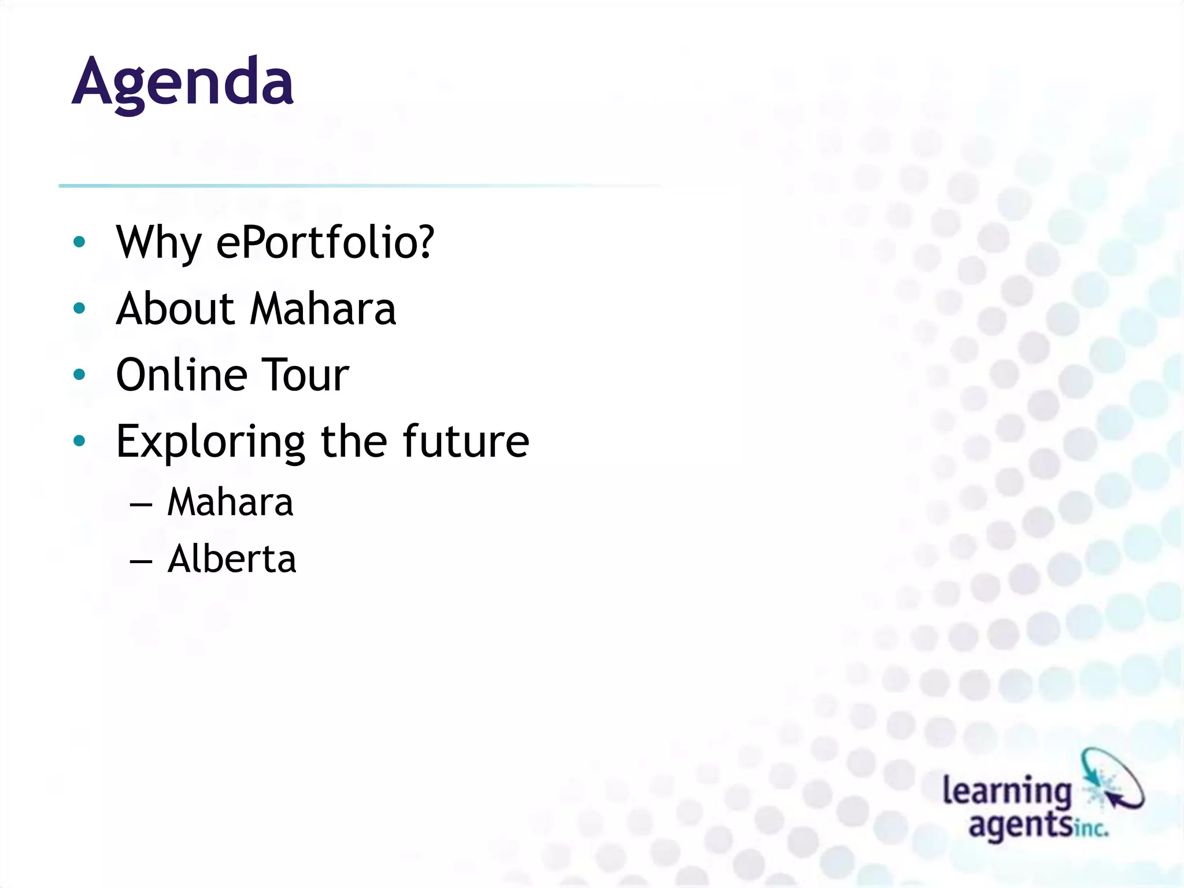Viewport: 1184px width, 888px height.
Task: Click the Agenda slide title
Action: [183, 83]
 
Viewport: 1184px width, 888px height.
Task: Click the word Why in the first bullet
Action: [158, 243]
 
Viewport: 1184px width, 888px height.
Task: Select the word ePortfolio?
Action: [324, 243]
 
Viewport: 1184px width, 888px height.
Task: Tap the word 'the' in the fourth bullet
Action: [353, 441]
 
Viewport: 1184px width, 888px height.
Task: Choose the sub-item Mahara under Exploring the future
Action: [230, 502]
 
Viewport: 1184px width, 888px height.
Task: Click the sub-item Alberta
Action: [231, 559]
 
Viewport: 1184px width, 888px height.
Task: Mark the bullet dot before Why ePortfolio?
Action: [80, 242]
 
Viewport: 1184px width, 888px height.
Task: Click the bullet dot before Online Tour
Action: [80, 375]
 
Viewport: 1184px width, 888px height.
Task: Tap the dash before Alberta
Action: [141, 561]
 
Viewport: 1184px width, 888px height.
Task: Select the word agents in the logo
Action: [1020, 824]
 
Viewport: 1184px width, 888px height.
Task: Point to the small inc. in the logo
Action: [1091, 829]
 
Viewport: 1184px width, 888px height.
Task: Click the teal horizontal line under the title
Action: [347, 186]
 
